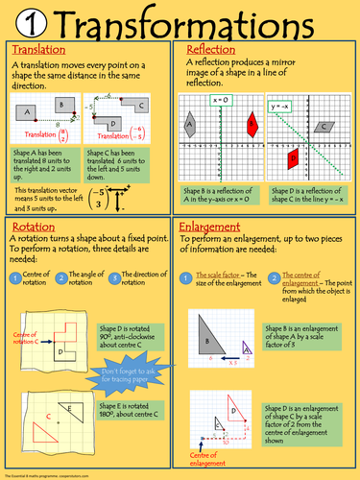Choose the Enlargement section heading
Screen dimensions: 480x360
tap(216, 227)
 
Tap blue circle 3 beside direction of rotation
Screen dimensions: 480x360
tap(116, 278)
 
